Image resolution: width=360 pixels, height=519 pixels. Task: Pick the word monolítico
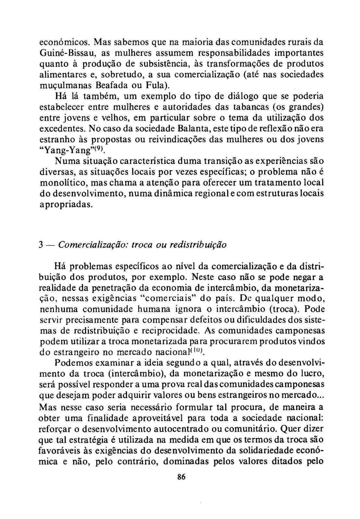[62, 183]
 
